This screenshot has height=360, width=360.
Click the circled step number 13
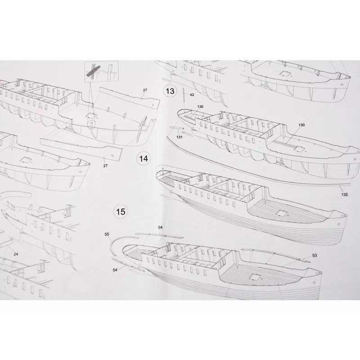170,91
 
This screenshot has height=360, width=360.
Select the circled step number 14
144,159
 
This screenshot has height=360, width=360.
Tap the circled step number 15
121,211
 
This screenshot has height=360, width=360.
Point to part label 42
192,94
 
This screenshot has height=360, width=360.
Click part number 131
179,137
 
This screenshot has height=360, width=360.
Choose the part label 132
344,194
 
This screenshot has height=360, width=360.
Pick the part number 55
107,234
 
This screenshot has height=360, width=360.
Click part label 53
315,255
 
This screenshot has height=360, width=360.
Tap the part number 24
16,254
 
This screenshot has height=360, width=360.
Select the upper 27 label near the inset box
145,90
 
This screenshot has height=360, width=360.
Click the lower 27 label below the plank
105,166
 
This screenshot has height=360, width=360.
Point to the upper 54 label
160,227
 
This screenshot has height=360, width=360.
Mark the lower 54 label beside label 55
115,270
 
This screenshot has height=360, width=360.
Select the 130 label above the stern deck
200,107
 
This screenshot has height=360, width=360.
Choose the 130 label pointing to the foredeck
301,125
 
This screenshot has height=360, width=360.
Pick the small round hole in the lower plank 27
112,155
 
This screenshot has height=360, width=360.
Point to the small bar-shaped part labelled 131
177,127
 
